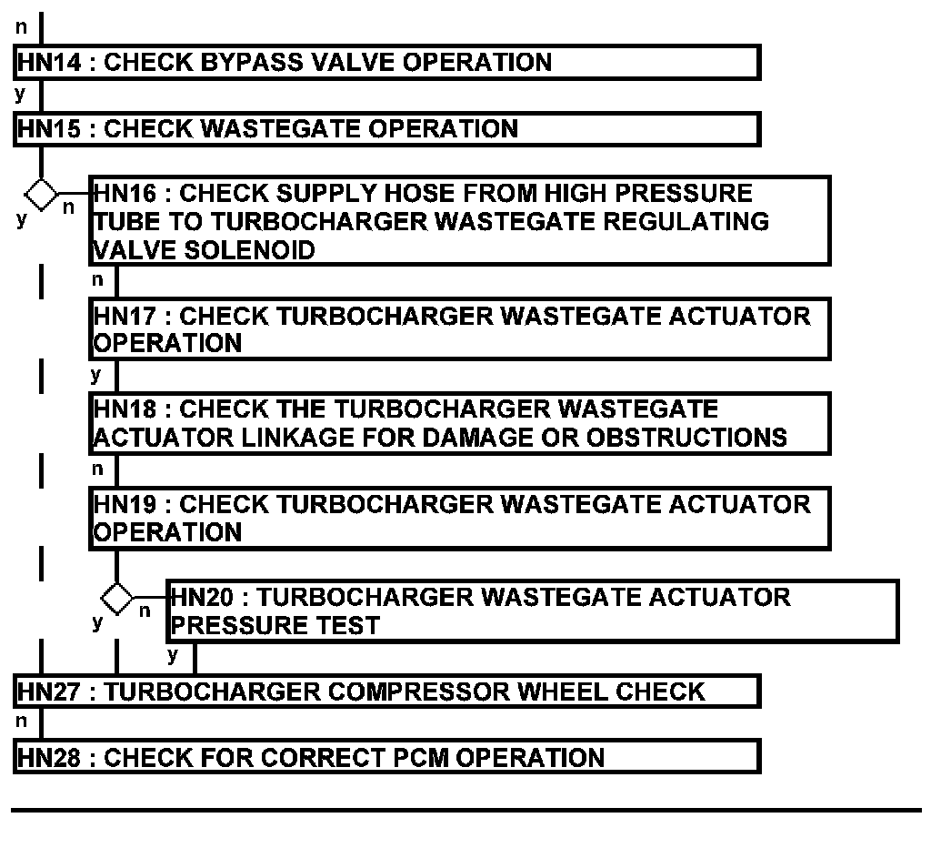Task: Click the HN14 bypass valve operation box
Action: click(x=386, y=63)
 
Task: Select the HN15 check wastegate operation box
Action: click(x=386, y=128)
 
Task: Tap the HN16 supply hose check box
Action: click(x=460, y=221)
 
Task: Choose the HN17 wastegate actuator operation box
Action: click(x=460, y=329)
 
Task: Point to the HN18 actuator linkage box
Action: click(x=460, y=423)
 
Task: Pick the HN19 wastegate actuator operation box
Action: click(x=460, y=518)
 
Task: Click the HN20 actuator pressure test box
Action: click(x=533, y=611)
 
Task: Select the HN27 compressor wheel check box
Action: click(x=386, y=692)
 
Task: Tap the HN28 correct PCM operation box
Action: click(x=386, y=757)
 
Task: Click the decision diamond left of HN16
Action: click(x=40, y=193)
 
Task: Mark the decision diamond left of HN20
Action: click(x=116, y=598)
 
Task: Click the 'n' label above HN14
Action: click(x=21, y=28)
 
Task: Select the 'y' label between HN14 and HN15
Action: click(x=20, y=94)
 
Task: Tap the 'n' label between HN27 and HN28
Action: click(x=21, y=722)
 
